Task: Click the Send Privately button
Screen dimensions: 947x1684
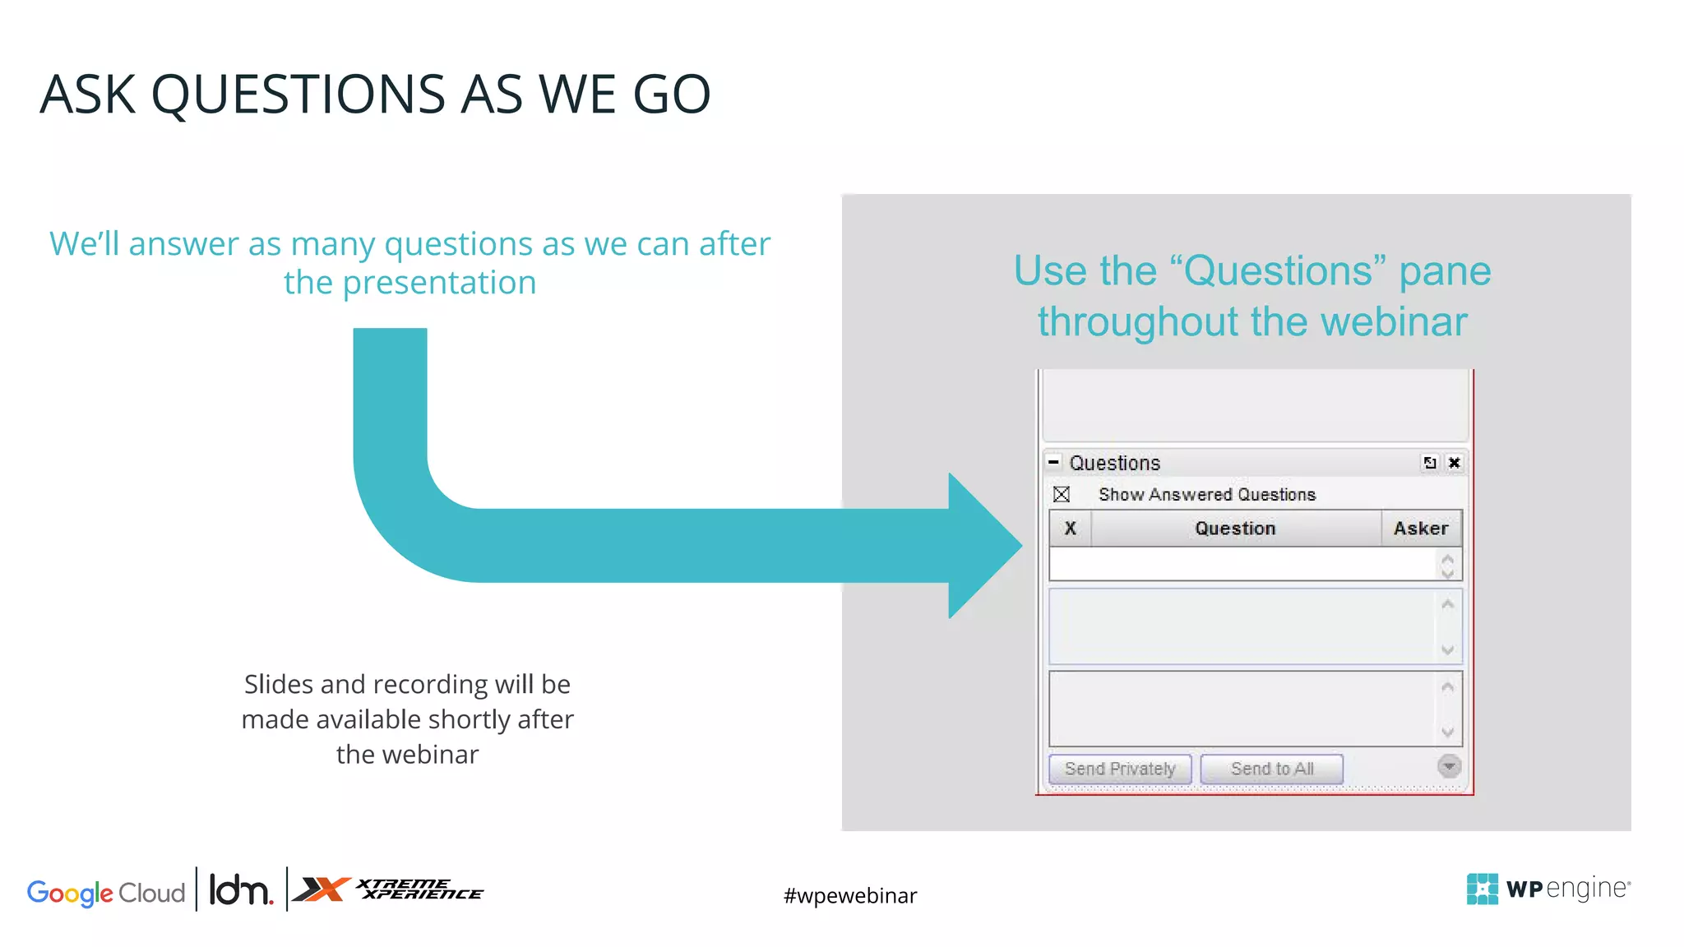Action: tap(1119, 769)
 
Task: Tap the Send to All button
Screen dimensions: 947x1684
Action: tap(1271, 769)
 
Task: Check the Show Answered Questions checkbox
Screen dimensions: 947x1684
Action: tap(1062, 494)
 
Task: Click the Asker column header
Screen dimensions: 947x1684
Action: tap(1420, 529)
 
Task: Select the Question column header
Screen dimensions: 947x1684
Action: tap(1234, 529)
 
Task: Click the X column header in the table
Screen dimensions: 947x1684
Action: tap(1070, 529)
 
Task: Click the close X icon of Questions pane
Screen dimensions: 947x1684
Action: tap(1454, 463)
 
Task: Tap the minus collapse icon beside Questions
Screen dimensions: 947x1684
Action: tap(1053, 462)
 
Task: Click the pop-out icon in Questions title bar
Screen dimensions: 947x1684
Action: tap(1430, 463)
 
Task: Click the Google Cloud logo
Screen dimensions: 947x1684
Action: tap(106, 893)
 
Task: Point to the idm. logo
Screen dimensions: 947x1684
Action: tap(240, 889)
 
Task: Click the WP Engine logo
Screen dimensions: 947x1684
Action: tap(1548, 889)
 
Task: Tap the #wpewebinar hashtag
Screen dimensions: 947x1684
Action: tap(849, 895)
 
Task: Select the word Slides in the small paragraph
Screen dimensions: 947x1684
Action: tap(278, 684)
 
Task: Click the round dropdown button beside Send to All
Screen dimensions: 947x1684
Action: tap(1449, 766)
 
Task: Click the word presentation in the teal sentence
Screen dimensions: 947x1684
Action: tap(439, 283)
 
